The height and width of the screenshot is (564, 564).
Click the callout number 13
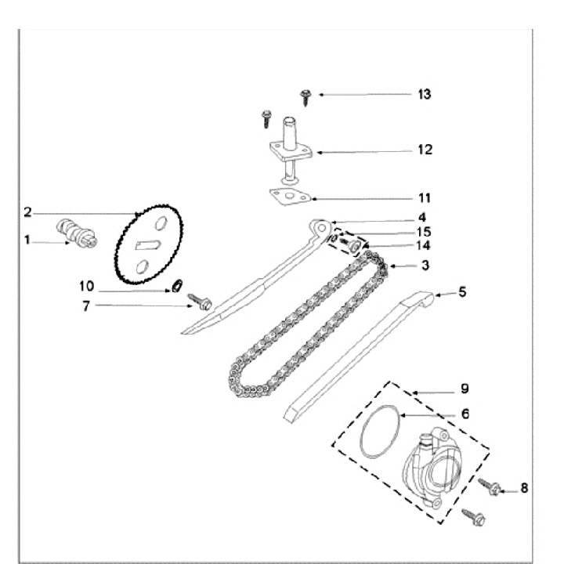[425, 94]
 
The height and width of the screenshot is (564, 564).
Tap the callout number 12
[425, 150]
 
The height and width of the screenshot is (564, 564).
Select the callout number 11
[424, 197]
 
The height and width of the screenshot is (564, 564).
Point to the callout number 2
[27, 212]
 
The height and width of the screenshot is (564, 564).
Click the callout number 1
[27, 241]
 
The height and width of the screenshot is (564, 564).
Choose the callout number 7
[87, 305]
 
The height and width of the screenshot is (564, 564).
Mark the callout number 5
[462, 292]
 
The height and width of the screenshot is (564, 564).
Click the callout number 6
[464, 413]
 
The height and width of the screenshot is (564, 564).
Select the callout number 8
[523, 488]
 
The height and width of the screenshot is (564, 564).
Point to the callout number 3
[425, 266]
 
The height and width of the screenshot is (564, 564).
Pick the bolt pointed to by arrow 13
[305, 96]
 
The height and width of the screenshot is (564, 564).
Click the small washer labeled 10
[177, 285]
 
